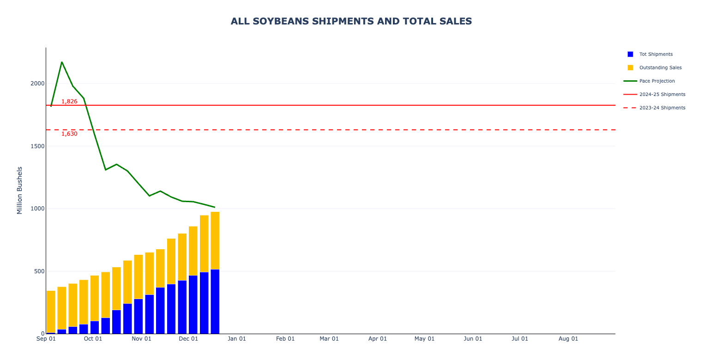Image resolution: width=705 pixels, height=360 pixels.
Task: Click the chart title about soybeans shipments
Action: pyautogui.click(x=351, y=21)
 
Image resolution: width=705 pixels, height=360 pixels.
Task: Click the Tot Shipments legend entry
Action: pyautogui.click(x=656, y=54)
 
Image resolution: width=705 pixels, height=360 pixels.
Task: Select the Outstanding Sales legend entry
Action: pyautogui.click(x=660, y=68)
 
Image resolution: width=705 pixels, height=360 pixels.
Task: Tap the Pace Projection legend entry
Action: pyautogui.click(x=657, y=81)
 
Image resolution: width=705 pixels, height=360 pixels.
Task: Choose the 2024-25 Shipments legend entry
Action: pyautogui.click(x=662, y=95)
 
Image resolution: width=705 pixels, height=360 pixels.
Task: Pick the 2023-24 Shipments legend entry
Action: pyautogui.click(x=662, y=108)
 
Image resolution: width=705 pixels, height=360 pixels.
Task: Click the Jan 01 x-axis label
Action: pyautogui.click(x=236, y=339)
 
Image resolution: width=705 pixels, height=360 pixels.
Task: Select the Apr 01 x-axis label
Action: pyautogui.click(x=378, y=339)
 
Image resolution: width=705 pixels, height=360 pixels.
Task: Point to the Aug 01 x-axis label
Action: pyautogui.click(x=568, y=339)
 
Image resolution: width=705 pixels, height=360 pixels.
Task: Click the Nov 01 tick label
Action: pyautogui.click(x=141, y=339)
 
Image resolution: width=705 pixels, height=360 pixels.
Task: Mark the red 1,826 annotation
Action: pyautogui.click(x=69, y=102)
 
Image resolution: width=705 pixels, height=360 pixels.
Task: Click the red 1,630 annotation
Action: pyautogui.click(x=69, y=134)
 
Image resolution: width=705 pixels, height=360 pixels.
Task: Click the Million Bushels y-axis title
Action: pyautogui.click(x=20, y=190)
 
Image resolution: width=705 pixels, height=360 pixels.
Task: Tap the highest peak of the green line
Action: pyautogui.click(x=62, y=62)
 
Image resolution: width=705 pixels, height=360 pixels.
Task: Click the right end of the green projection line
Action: pyautogui.click(x=215, y=207)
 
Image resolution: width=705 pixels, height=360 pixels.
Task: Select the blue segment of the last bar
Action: pyautogui.click(x=215, y=301)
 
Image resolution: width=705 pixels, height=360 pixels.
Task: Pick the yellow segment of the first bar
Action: pyautogui.click(x=51, y=312)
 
